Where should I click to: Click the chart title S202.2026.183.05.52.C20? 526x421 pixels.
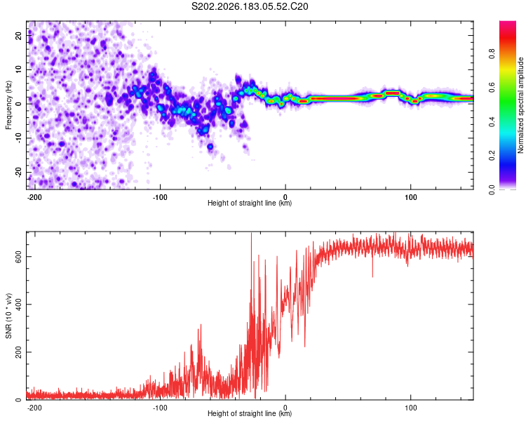click(x=250, y=6)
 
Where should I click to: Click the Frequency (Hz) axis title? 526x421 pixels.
click(x=8, y=105)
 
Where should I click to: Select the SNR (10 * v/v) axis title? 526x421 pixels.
click(x=8, y=316)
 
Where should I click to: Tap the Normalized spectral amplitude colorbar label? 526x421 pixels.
click(x=520, y=105)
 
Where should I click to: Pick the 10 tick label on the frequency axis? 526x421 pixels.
click(x=19, y=69)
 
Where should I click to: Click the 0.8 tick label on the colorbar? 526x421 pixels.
click(x=492, y=54)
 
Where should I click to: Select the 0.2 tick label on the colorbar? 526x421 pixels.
click(x=492, y=156)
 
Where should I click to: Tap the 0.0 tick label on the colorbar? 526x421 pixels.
click(x=492, y=189)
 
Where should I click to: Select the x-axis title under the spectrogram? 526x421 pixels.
click(x=250, y=203)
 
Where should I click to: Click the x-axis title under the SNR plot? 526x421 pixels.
click(x=250, y=413)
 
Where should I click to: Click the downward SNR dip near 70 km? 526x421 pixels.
click(x=372, y=272)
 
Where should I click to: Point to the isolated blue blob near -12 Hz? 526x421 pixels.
click(x=210, y=147)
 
